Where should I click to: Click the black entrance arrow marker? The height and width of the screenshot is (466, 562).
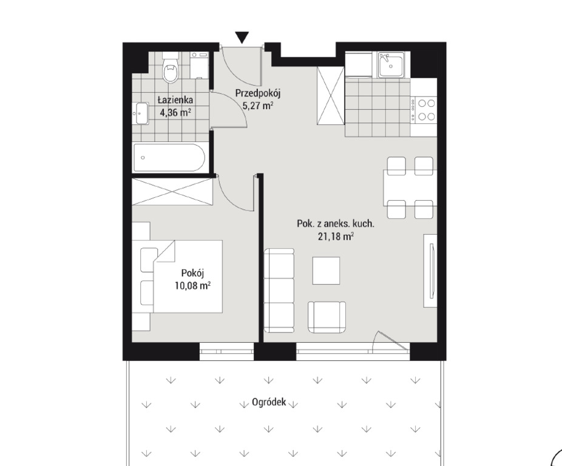pos(242,37)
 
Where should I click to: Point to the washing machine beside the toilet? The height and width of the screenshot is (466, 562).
pos(199,65)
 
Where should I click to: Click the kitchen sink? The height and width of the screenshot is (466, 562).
pos(391,64)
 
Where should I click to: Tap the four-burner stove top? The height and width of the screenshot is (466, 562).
pos(424,110)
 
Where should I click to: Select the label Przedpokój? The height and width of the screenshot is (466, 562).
pos(257,93)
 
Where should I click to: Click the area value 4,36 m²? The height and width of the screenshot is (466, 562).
pos(175,113)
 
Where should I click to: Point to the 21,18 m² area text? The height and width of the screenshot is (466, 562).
pos(336,237)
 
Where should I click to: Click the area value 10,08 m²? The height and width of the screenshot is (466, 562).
pos(192,286)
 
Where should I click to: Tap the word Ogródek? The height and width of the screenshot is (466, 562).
pos(269,402)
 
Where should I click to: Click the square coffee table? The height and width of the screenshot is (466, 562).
pos(326,271)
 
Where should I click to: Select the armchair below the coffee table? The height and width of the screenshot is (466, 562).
pos(327,317)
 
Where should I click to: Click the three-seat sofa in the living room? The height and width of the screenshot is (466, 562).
pos(279,291)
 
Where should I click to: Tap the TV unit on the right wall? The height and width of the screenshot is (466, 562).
pos(430,271)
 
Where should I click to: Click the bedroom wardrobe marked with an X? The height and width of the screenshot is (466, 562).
pos(172,192)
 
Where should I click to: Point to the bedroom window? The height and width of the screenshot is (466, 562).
pos(226,352)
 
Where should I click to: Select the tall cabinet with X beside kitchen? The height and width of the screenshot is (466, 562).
pos(331,96)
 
